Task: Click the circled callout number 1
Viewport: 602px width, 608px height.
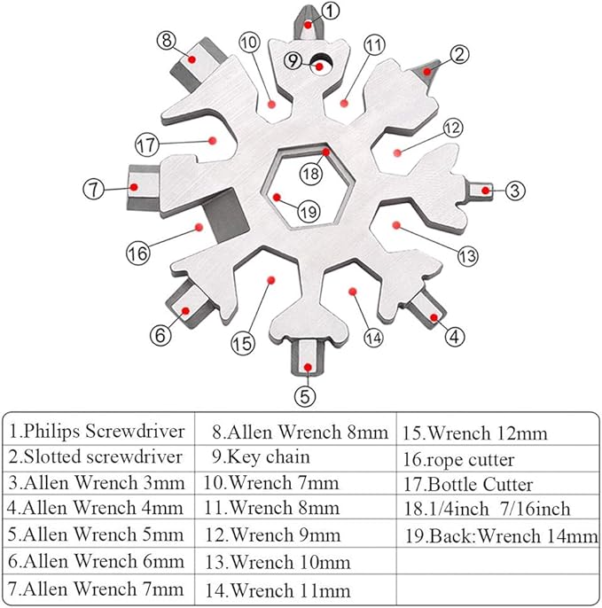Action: (x=330, y=11)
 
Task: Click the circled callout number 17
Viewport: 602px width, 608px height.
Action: (x=148, y=142)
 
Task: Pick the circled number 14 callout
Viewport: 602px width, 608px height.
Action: (x=373, y=337)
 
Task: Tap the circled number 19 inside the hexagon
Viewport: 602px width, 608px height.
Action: (x=308, y=211)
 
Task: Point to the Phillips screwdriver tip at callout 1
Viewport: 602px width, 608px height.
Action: (x=306, y=20)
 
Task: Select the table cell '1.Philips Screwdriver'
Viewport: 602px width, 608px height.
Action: (x=98, y=432)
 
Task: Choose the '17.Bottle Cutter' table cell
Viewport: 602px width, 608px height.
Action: (x=481, y=485)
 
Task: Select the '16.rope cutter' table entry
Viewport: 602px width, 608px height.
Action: (x=471, y=460)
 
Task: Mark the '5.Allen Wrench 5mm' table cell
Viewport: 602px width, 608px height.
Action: (x=98, y=535)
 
